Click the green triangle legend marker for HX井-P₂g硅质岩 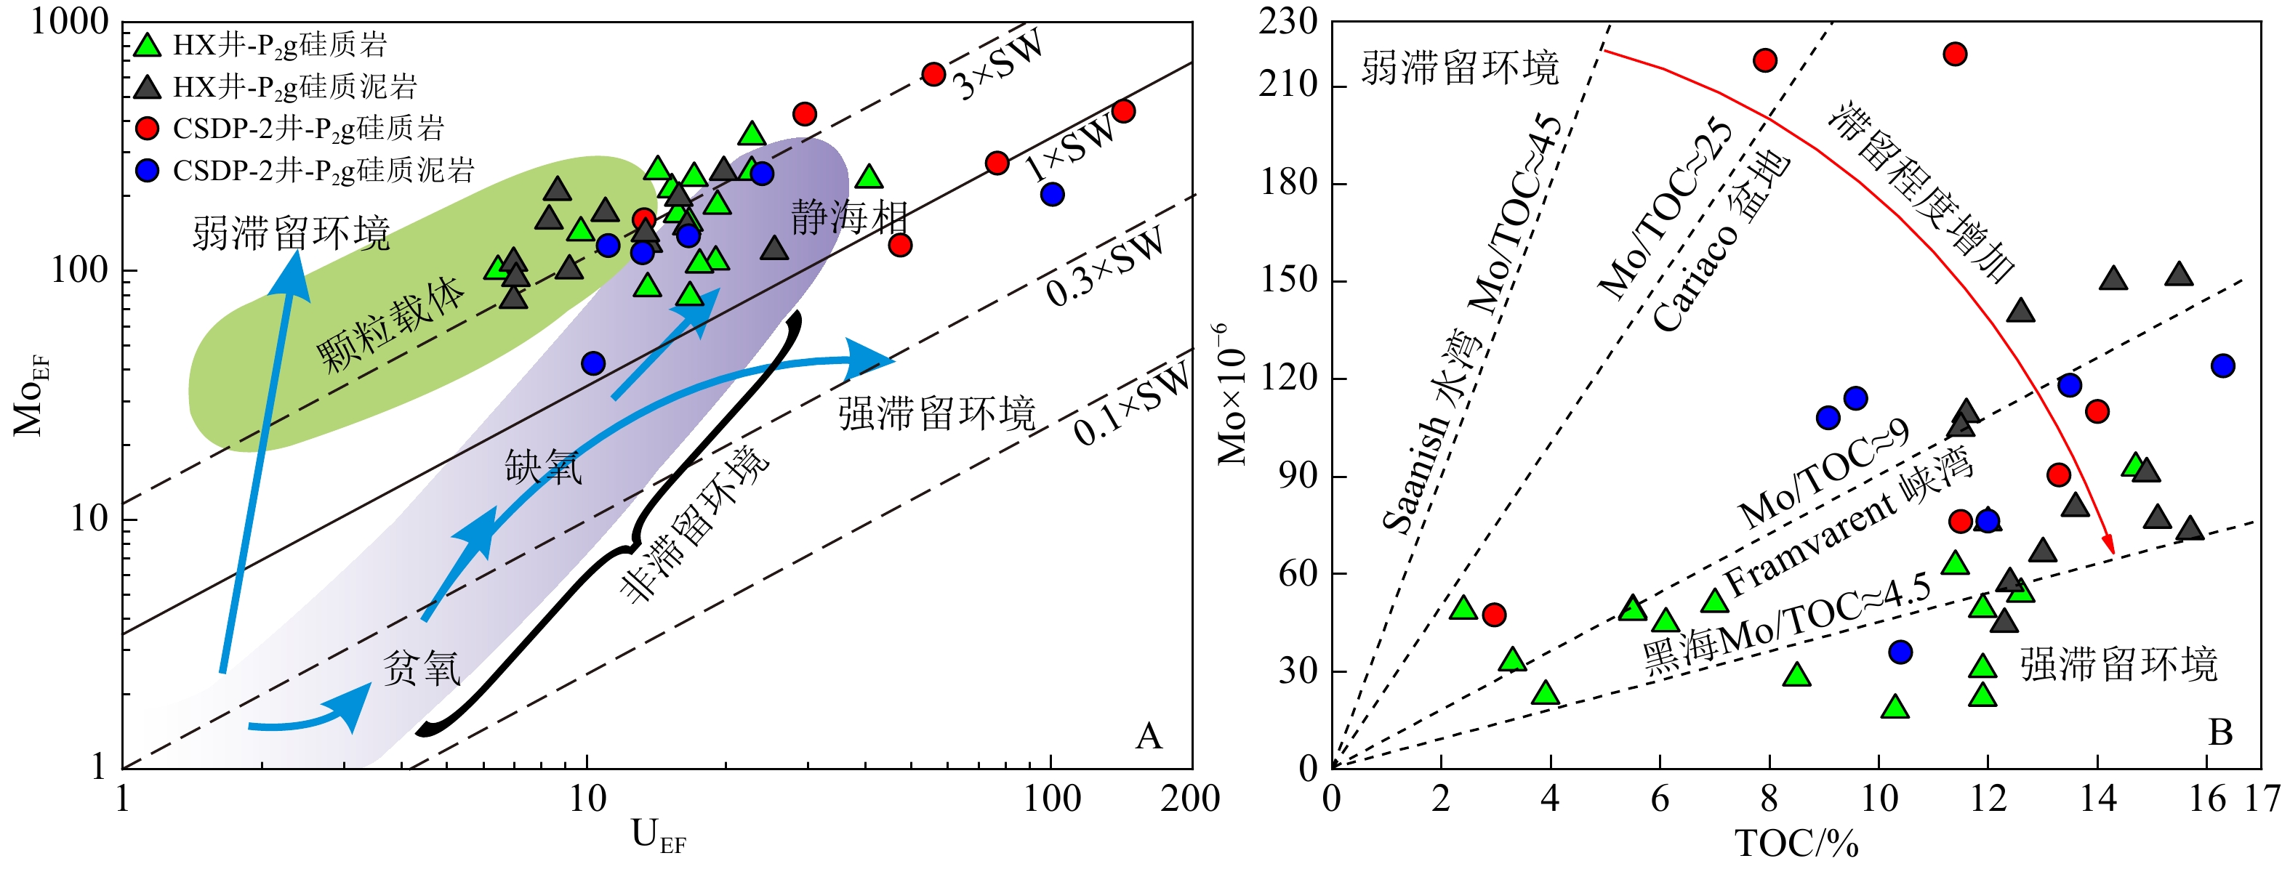click(x=148, y=44)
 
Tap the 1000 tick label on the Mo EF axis click(x=69, y=21)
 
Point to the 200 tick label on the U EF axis click(x=1190, y=799)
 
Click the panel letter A click(x=1149, y=736)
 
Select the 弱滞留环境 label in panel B click(x=1460, y=68)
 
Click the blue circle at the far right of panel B click(x=2222, y=365)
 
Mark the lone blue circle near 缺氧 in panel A click(x=593, y=363)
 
